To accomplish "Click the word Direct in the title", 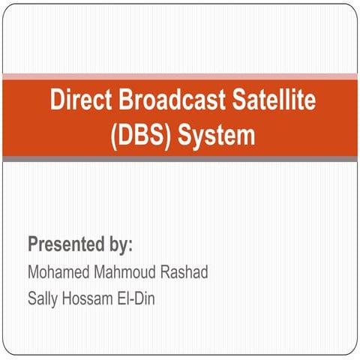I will pyautogui.click(x=78, y=100).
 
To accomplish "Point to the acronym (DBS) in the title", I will pyautogui.click(x=137, y=136).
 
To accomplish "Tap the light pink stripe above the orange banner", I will pyautogui.click(x=180, y=76).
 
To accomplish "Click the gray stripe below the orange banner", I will pyautogui.click(x=180, y=158).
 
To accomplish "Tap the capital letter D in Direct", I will pyautogui.click(x=58, y=100).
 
